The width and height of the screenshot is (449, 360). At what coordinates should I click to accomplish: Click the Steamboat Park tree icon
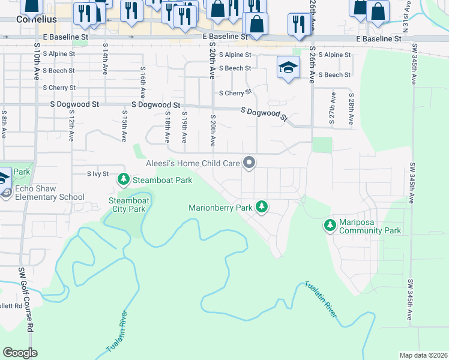(124, 179)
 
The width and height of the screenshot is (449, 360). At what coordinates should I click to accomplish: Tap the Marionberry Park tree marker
(261, 207)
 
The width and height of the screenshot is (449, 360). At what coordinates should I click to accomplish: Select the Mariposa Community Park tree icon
(330, 226)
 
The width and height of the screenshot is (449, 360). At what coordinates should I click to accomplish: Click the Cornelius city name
(35, 19)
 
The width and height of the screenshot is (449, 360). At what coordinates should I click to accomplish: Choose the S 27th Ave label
(332, 108)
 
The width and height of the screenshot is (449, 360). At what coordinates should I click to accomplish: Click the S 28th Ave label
(351, 108)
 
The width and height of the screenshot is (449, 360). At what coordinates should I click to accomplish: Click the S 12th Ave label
(71, 125)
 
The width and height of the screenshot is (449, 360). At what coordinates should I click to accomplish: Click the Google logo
(20, 352)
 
